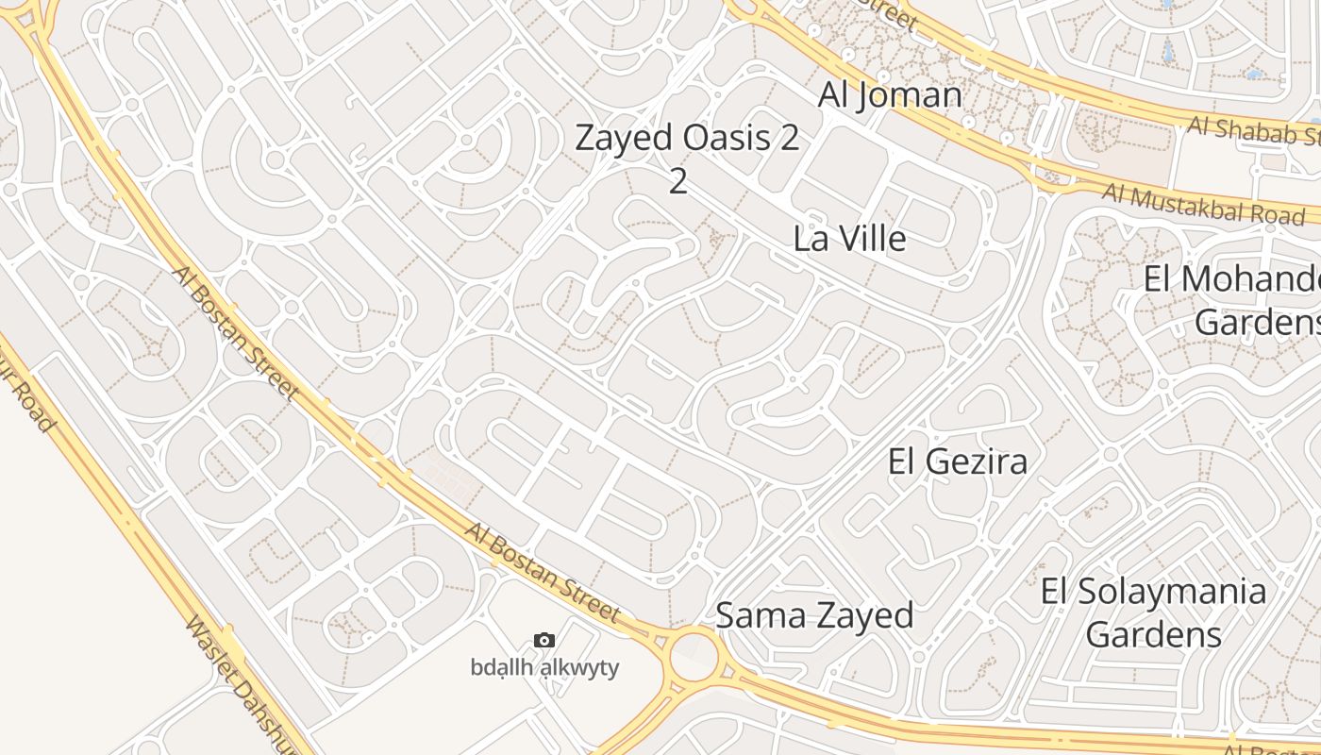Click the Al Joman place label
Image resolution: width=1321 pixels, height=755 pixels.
890,94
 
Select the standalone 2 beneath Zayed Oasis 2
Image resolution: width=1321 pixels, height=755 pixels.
678,181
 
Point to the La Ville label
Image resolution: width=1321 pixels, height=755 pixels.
849,238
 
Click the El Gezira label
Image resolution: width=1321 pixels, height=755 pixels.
958,461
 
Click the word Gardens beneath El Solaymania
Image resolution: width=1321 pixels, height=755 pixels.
1153,633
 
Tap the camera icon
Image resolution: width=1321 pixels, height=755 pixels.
544,641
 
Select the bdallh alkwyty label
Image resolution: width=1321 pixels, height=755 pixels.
544,667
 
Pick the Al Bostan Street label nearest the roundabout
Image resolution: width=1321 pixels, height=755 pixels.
543,572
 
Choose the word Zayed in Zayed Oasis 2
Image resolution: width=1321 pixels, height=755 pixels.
623,138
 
